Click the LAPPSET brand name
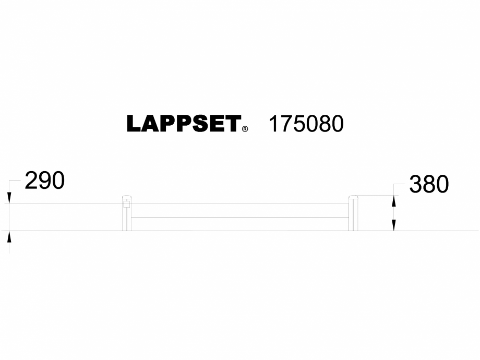click(183, 124)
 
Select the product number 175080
click(306, 124)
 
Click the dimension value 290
click(45, 181)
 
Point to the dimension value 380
click(429, 184)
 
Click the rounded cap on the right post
click(353, 197)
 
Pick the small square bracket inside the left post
click(126, 204)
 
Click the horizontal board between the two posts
click(239, 223)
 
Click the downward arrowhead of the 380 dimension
click(394, 225)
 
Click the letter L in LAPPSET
click(133, 124)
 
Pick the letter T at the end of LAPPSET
click(233, 124)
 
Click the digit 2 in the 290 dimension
click(31, 181)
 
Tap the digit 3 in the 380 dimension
click(416, 184)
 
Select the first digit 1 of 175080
click(273, 124)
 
